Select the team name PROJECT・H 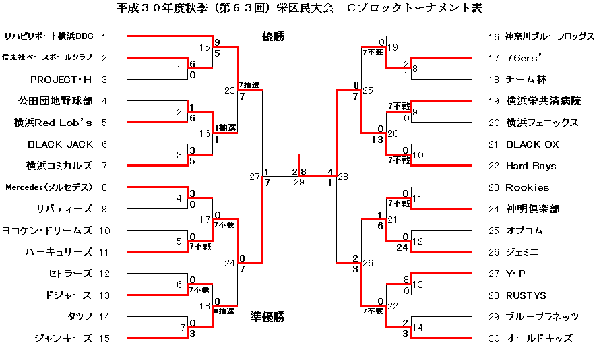[61, 80]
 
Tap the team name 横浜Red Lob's [59, 123]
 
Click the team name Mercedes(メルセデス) [48, 187]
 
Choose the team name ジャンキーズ [63, 338]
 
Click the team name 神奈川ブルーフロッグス [550, 36]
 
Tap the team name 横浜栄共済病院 [543, 101]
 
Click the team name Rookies [527, 187]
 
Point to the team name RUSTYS [526, 295]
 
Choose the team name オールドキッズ [539, 338]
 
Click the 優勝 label [273, 36]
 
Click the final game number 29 [299, 182]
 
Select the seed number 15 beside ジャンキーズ [104, 338]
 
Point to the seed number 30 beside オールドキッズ [494, 338]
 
